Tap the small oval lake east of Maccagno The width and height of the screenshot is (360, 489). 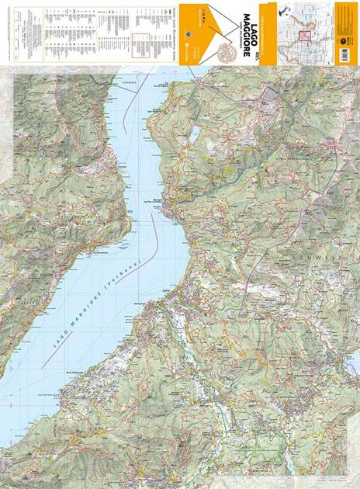(x=192, y=134)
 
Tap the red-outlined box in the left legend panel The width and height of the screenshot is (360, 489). (x=141, y=44)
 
